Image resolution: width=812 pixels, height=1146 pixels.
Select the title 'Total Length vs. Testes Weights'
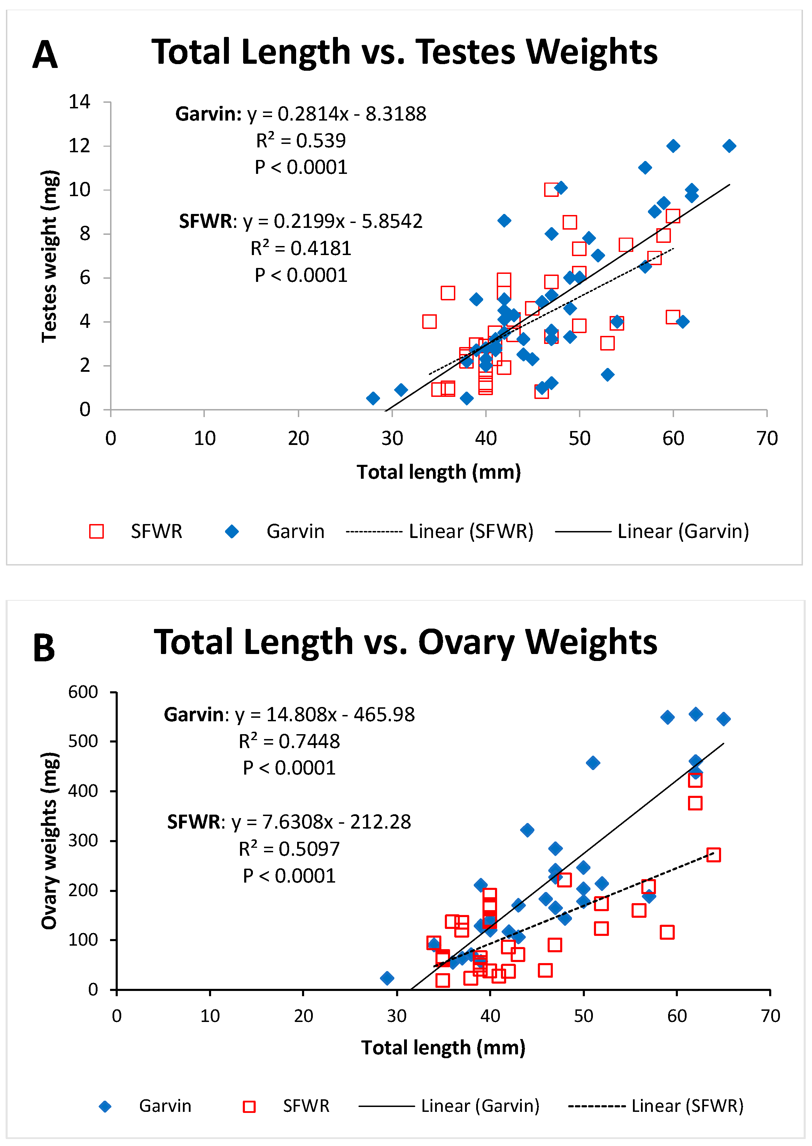click(x=404, y=52)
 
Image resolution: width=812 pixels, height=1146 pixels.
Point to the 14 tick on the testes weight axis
click(x=79, y=102)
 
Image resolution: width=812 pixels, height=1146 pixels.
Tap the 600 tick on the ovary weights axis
click(x=83, y=692)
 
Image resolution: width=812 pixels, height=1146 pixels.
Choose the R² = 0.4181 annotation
click(x=301, y=248)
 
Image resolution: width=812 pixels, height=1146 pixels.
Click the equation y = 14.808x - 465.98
click(x=289, y=715)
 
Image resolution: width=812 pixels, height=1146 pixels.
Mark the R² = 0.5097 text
click(x=289, y=848)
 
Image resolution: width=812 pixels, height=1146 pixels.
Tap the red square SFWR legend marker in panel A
click(x=96, y=531)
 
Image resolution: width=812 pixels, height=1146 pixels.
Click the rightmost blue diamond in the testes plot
click(x=729, y=146)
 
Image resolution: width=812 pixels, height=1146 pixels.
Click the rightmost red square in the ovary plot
click(x=713, y=854)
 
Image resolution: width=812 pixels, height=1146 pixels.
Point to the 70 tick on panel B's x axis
click(x=770, y=1015)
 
